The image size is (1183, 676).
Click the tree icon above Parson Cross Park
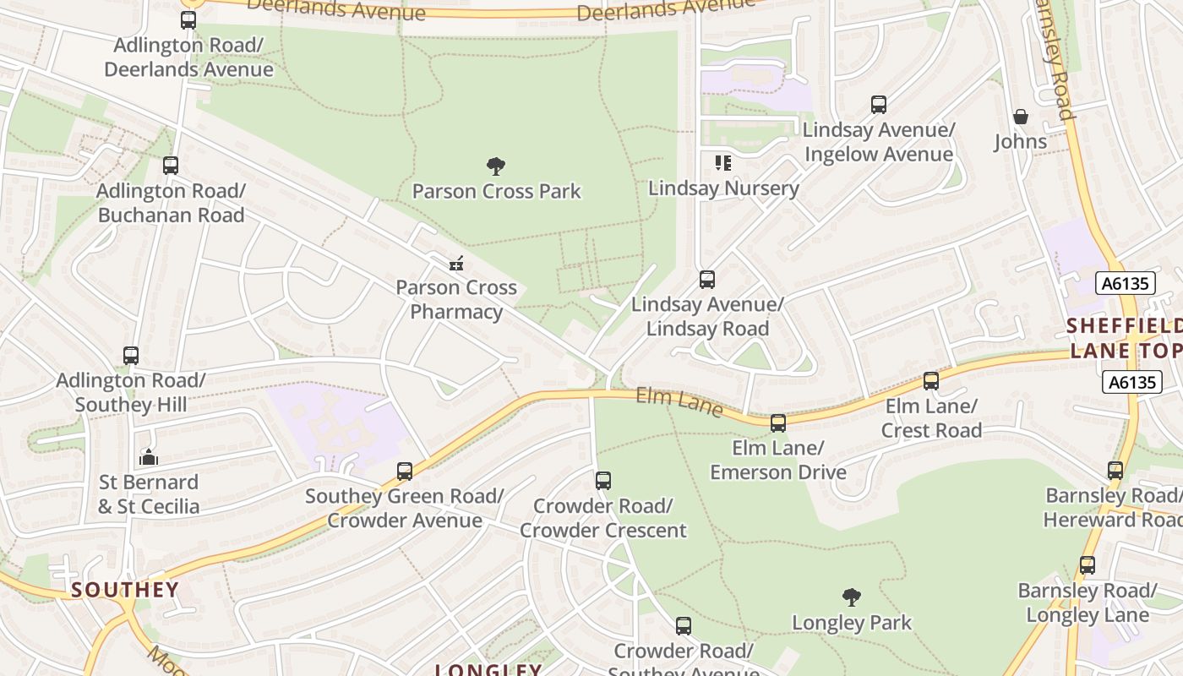tap(496, 166)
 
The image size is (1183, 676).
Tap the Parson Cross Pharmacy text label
tap(456, 299)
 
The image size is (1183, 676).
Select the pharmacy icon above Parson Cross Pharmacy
tap(456, 264)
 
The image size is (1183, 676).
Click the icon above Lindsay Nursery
tap(722, 162)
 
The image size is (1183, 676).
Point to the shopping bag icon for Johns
tap(1021, 117)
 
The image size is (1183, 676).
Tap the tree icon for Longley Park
tap(852, 597)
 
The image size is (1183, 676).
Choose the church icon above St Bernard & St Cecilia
tap(149, 458)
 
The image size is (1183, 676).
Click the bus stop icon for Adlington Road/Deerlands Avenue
tap(188, 20)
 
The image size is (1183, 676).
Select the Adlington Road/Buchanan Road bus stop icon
tap(171, 166)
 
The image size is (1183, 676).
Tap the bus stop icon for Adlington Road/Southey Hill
tap(131, 356)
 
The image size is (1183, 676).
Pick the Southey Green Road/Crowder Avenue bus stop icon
tap(405, 471)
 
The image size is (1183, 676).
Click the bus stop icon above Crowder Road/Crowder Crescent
tap(603, 481)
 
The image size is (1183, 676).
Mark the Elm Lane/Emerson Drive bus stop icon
tap(778, 423)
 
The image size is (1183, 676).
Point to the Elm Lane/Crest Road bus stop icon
tap(931, 381)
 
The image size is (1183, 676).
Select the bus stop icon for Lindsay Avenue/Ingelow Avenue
tap(879, 105)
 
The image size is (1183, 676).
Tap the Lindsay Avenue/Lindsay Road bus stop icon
tap(707, 279)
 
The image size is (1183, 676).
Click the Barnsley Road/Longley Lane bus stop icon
tap(1088, 565)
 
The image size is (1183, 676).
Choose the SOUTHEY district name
tap(125, 589)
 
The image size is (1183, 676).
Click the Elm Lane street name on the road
tap(679, 402)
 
